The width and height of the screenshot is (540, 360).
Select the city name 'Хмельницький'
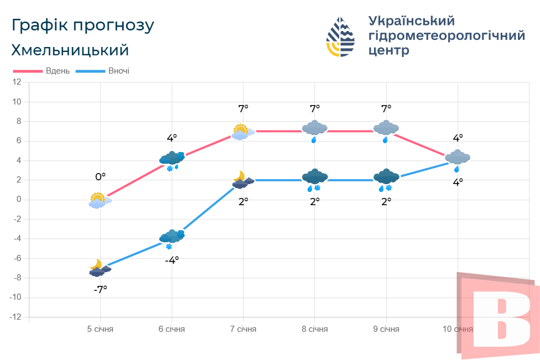click(70, 50)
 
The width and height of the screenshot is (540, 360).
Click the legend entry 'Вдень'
click(58, 71)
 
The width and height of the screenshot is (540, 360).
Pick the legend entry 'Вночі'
click(119, 71)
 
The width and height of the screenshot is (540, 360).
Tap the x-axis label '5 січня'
click(100, 329)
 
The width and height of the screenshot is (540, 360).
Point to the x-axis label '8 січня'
click(315, 329)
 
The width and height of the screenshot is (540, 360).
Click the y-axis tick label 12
click(17, 82)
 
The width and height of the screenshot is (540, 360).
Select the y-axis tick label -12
click(16, 317)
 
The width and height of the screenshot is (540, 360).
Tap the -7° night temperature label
click(100, 289)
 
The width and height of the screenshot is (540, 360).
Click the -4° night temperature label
click(172, 260)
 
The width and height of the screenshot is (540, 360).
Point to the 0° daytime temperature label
click(100, 177)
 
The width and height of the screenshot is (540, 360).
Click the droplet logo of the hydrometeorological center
click(341, 37)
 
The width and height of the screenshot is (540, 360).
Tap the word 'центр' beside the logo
click(388, 51)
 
